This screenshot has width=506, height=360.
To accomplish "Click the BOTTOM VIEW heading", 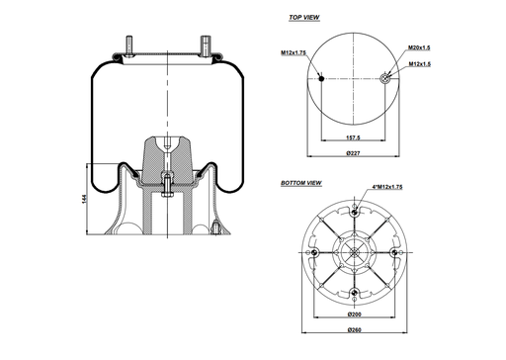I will [300, 184].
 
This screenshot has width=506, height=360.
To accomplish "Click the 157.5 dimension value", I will [354, 139].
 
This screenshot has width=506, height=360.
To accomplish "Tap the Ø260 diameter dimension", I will [354, 329].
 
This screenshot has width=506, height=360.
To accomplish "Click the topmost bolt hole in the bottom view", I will [354, 211].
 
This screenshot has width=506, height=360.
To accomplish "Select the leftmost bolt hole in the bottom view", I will [313, 252].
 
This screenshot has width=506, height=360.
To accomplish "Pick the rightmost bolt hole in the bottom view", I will [395, 252].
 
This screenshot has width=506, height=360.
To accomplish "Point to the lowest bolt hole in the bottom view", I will [354, 294].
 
